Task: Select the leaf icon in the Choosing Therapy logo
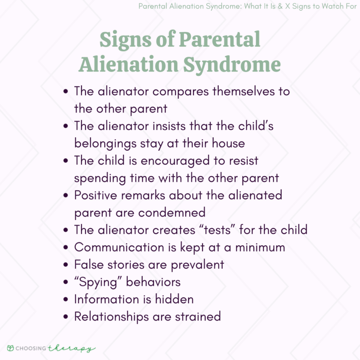click(10, 348)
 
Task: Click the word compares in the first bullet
click(176, 91)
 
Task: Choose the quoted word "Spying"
click(98, 282)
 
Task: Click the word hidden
click(173, 299)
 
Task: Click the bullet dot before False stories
click(66, 265)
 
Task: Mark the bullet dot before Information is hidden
click(66, 299)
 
